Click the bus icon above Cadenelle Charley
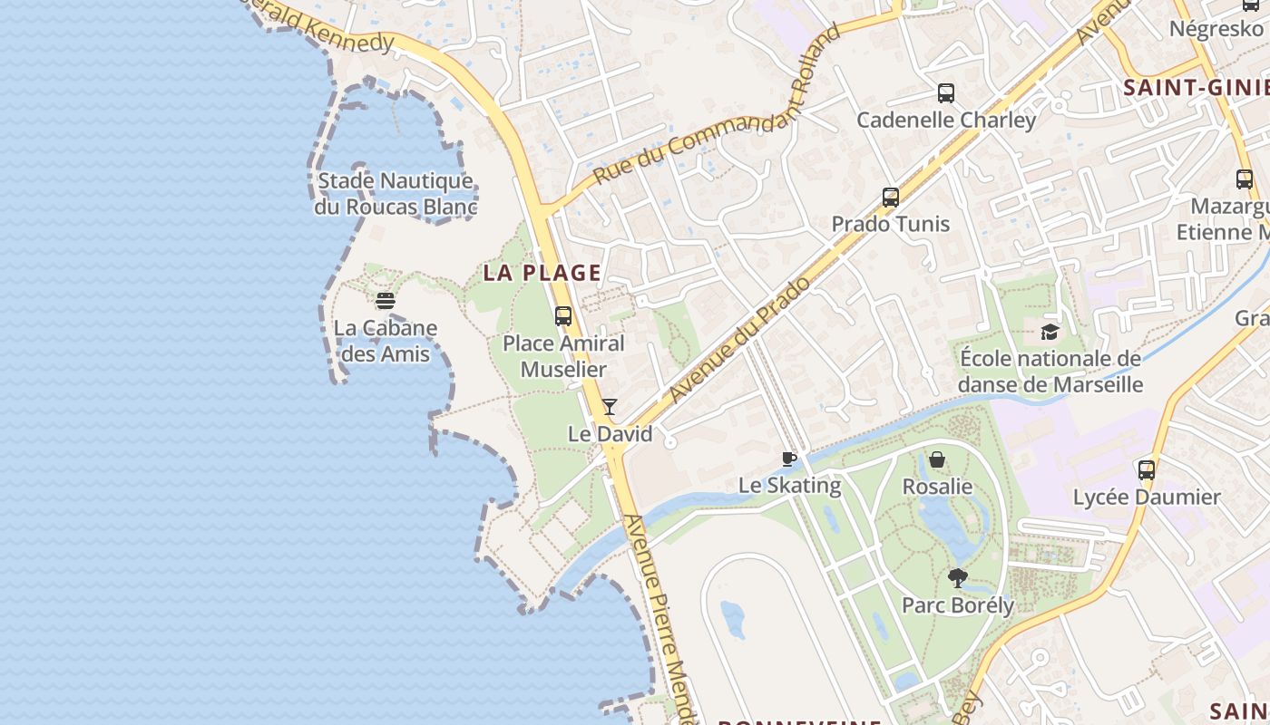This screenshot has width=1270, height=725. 946,92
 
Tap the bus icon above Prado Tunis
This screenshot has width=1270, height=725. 891,197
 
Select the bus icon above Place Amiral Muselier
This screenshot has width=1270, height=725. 563,316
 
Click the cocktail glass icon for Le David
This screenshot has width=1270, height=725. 610,407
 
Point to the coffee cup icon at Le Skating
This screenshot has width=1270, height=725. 789,459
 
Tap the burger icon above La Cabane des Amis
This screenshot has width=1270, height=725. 386,301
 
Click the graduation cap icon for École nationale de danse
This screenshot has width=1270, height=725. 1050,332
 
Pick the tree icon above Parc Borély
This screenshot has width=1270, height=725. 957,577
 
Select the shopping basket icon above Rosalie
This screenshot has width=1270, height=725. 937,459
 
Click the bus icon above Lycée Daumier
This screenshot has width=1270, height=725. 1147,470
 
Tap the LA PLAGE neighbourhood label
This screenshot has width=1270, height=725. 542,273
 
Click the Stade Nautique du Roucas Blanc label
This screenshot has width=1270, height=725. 396,194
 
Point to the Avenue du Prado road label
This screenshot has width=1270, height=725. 739,341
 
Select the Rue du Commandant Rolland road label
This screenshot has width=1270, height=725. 717,105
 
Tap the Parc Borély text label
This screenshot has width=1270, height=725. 957,605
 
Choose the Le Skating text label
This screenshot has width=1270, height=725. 789,486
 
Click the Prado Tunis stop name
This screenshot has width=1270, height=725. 891,224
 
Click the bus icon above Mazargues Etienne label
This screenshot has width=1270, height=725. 1244,179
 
